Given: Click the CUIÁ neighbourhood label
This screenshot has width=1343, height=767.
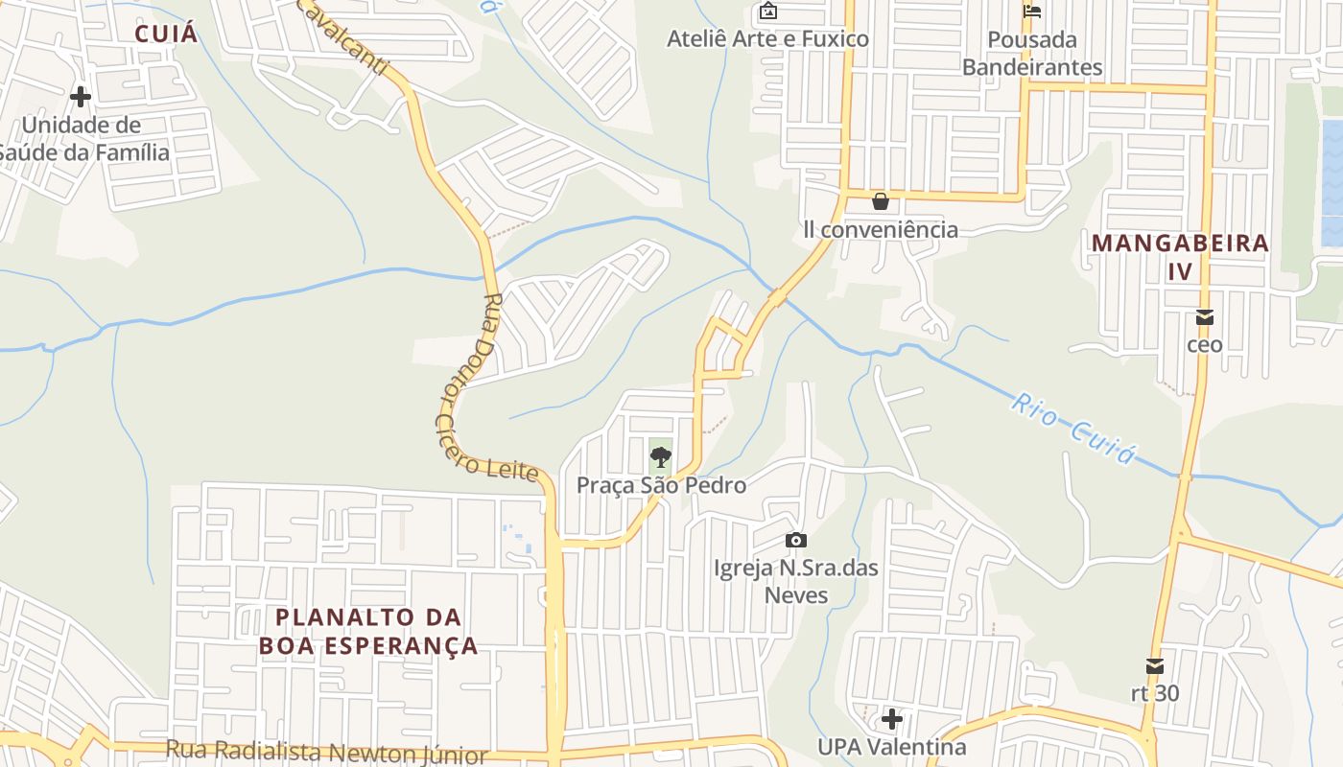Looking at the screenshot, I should coord(166,35).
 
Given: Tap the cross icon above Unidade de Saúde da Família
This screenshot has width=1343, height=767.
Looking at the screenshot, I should coord(81,97).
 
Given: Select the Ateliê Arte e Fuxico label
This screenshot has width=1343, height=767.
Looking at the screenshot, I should coord(767,39).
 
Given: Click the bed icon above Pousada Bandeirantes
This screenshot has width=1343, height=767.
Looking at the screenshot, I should coord(1032,12).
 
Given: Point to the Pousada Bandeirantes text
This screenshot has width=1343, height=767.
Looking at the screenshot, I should coord(1032,54).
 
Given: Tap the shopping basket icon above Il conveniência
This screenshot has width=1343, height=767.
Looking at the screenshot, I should coord(880,201).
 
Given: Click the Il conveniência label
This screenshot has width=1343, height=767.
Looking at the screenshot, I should coord(881,229).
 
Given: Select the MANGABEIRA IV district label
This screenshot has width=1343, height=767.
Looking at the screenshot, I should coord(1180,256).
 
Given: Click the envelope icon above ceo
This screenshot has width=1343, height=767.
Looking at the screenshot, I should coord(1205,317).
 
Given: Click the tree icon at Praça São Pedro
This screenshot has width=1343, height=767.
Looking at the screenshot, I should coord(660,457).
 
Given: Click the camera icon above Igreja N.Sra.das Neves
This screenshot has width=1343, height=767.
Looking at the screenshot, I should coord(795,541).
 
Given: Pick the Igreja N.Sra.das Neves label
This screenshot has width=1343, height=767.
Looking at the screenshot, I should coord(796,582).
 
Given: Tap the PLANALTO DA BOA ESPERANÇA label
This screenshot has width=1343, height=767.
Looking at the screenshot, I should coord(368,631).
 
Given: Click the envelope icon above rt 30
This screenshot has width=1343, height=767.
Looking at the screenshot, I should coord(1155,666).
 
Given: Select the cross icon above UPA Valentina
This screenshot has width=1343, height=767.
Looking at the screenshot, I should coord(892,718).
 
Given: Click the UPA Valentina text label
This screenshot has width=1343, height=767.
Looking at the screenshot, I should coord(892,746).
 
